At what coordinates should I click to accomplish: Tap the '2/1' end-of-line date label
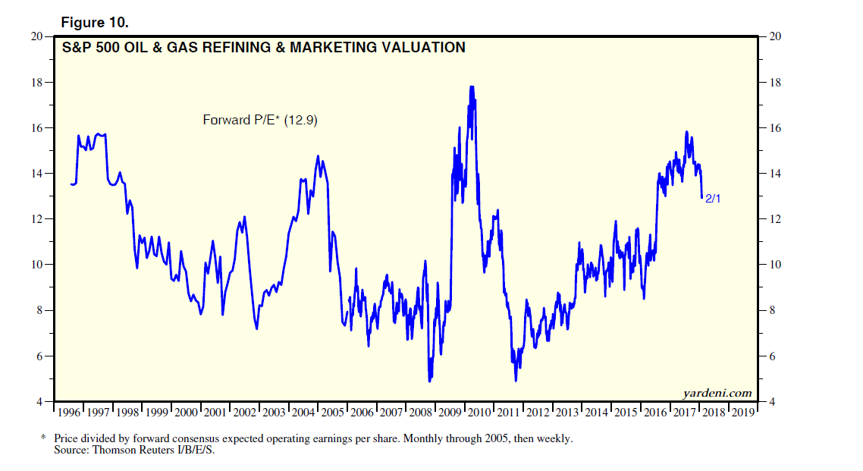(714, 199)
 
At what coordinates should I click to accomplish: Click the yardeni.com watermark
(717, 392)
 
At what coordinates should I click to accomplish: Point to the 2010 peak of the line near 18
(472, 87)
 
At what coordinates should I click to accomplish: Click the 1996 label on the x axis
(69, 413)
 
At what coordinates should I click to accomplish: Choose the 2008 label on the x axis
(421, 413)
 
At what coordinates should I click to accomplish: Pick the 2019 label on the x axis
(743, 413)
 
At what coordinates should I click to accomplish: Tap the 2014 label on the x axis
(597, 413)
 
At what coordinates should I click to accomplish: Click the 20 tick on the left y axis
(36, 36)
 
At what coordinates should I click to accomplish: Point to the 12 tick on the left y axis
(36, 219)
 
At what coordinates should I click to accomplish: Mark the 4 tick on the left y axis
(39, 401)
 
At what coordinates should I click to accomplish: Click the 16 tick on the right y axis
(775, 128)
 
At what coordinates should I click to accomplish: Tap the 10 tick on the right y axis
(775, 265)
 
